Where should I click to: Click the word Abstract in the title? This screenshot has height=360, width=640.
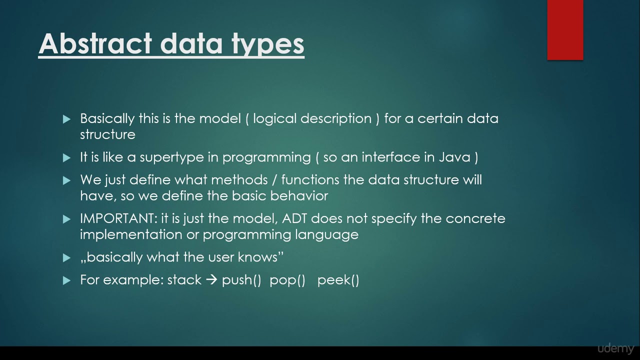pos(95,43)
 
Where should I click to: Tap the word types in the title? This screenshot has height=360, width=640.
pos(268,43)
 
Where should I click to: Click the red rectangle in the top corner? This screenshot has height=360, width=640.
pos(565,30)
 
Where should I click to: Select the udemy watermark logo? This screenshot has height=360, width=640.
pos(615,348)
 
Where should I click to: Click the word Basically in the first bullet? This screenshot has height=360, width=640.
pos(107,118)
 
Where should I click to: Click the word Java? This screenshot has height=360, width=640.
pos(454,157)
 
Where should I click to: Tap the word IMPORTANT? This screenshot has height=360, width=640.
pos(118,219)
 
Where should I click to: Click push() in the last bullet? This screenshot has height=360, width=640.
pos(241,280)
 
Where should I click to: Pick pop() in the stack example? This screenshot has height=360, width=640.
pos(287,280)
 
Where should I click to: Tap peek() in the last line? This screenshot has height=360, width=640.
pos(338,280)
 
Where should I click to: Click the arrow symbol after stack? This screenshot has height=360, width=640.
pos(211,280)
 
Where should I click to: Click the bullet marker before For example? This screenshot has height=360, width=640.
pos(67,280)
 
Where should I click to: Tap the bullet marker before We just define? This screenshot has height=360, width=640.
pos(67,180)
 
